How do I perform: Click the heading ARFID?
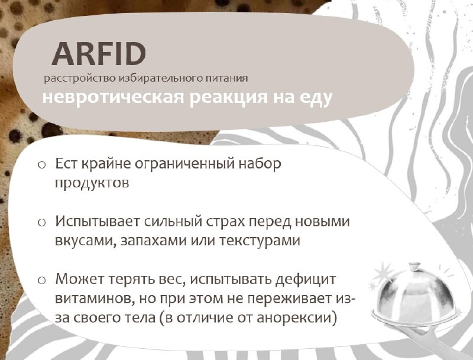[99, 53]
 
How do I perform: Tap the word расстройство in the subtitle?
[80, 79]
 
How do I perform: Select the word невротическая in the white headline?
[114, 96]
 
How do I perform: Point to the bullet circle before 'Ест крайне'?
[41, 164]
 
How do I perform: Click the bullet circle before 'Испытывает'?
[41, 222]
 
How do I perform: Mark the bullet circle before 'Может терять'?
[41, 280]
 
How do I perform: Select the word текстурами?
[260, 241]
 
